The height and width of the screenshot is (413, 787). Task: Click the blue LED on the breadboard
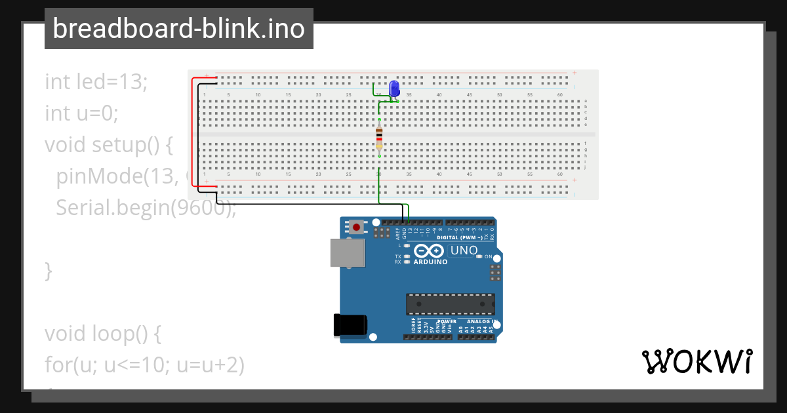(394, 88)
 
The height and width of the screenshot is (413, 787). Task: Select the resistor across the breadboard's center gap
(379, 138)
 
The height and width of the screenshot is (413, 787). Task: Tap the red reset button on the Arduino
(356, 227)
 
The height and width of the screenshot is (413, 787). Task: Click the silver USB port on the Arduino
(346, 253)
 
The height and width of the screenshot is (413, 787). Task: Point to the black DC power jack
(350, 326)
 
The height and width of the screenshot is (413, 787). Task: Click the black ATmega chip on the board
(450, 304)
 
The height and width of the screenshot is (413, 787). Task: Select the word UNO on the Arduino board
(464, 250)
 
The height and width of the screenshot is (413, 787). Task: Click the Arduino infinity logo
(430, 251)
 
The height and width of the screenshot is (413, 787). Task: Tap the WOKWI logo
(696, 361)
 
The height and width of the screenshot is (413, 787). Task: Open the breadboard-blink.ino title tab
(178, 29)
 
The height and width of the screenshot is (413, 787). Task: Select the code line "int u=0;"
(81, 113)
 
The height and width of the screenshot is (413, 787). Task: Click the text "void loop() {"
(103, 334)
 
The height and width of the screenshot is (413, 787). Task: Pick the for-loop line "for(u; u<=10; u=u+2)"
(144, 365)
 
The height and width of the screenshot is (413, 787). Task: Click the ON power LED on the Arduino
(479, 256)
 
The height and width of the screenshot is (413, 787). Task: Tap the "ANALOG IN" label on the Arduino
(482, 322)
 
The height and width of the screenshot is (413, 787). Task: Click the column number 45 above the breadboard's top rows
(470, 95)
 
